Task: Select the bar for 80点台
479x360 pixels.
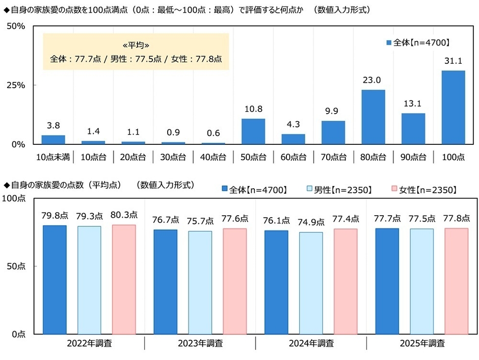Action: pos(373,117)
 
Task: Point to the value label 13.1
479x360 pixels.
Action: pos(413,104)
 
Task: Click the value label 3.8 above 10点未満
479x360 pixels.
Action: pos(53,125)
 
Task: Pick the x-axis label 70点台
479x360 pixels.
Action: pos(333,157)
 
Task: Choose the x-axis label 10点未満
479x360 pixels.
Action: pos(53,157)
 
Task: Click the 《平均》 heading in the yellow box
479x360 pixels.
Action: pos(136,44)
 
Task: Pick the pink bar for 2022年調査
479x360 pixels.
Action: pos(124,279)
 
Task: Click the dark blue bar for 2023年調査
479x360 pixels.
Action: pos(165,282)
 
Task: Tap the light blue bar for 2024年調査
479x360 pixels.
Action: pos(311,283)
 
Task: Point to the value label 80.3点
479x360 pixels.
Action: pos(124,216)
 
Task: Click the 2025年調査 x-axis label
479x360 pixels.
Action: pos(422,343)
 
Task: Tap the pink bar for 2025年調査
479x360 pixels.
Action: pos(457,281)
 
